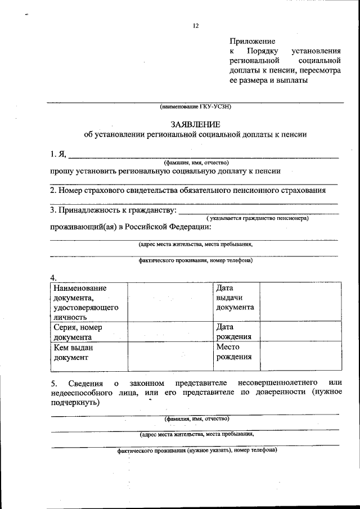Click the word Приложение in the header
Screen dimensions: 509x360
coord(253,41)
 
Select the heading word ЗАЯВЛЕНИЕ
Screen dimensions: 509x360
coord(195,124)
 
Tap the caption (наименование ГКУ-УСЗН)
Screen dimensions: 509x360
coord(195,106)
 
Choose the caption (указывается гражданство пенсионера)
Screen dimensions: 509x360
coord(258,218)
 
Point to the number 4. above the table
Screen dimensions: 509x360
coord(53,277)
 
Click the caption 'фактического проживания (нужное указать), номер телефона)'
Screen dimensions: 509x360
coord(197,451)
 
